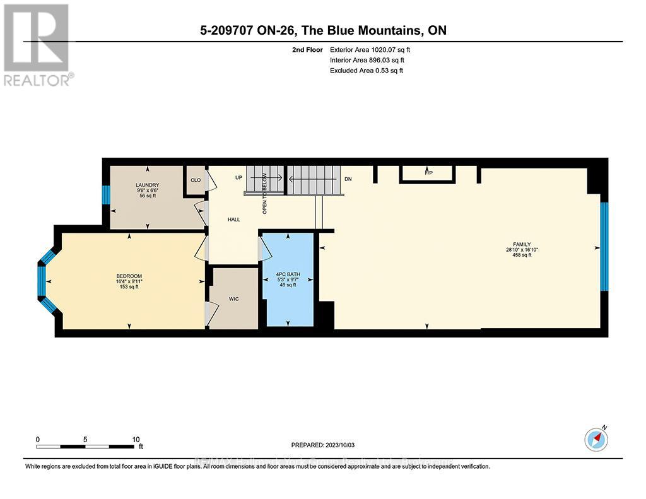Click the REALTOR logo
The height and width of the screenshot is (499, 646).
point(37,44)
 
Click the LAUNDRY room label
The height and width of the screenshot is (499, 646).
point(148,185)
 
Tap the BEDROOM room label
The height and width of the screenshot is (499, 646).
point(129,276)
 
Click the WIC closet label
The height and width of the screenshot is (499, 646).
point(234,298)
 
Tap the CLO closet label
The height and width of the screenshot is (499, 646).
point(195,180)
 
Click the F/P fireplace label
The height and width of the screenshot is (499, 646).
point(428,172)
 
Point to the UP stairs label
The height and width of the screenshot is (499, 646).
point(238,178)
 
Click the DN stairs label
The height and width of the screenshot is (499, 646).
point(348,179)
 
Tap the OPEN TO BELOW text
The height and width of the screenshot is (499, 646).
point(265,193)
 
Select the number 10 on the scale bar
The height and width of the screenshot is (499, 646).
point(136,439)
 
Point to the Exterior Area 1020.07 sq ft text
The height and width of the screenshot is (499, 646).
point(365,49)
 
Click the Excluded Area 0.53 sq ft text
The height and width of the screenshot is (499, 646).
point(366,71)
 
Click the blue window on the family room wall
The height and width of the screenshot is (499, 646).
point(604,246)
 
